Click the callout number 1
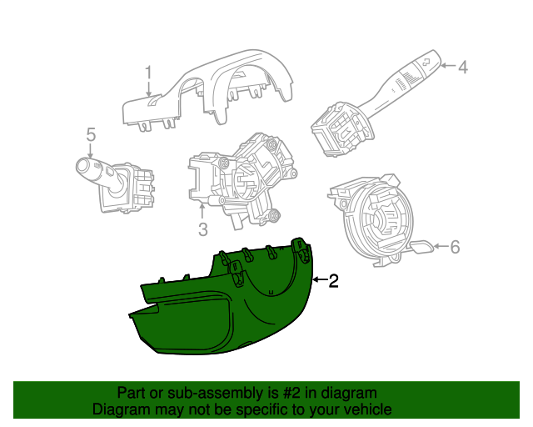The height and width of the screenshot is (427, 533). point(148,74)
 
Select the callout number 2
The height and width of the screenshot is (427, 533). point(333,281)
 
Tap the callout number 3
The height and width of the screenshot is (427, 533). point(203,229)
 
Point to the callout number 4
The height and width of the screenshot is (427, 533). point(463,67)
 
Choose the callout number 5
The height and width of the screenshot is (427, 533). point(91,134)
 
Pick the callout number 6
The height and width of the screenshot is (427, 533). point(455,247)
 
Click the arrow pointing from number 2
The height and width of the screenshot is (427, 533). point(320,279)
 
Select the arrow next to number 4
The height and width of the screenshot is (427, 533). point(448,65)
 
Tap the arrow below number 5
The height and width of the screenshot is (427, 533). point(91,150)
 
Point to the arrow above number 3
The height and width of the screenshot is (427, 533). point(202,211)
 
